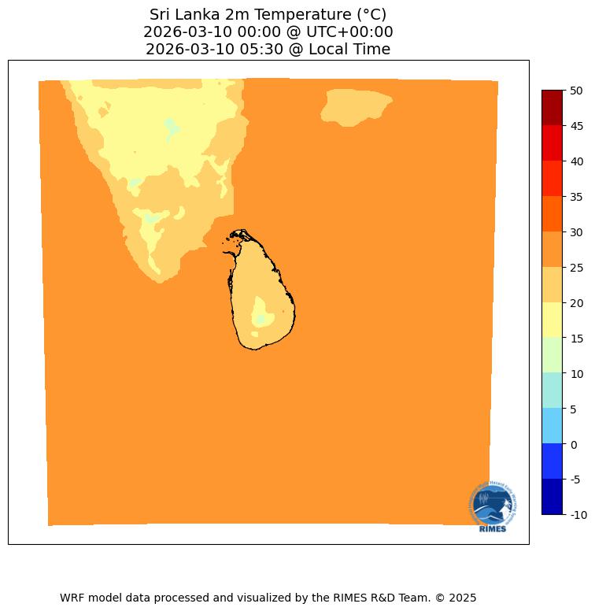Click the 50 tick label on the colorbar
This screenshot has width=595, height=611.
(x=577, y=91)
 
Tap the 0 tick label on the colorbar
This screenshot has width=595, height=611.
(x=575, y=444)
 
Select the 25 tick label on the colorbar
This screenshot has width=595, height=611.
(x=577, y=268)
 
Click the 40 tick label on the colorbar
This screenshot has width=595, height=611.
(x=577, y=161)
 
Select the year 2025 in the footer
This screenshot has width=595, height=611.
(x=462, y=598)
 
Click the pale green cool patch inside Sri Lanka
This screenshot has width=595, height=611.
(x=261, y=319)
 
